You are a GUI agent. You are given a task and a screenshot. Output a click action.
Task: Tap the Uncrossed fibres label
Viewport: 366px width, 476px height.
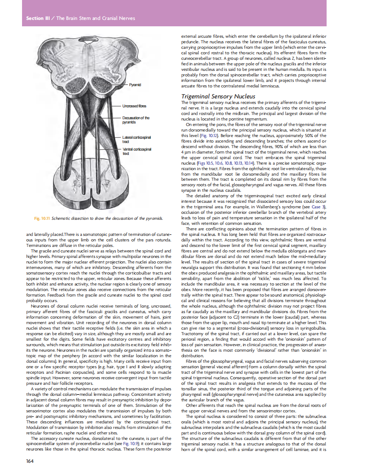click(134, 106)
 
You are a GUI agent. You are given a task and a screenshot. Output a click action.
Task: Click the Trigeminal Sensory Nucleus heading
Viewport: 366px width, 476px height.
click(218, 96)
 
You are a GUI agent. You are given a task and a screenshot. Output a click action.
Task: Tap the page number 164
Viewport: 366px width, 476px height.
click(30, 460)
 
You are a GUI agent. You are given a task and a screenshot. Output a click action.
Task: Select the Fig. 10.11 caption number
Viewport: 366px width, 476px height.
click(42, 218)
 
